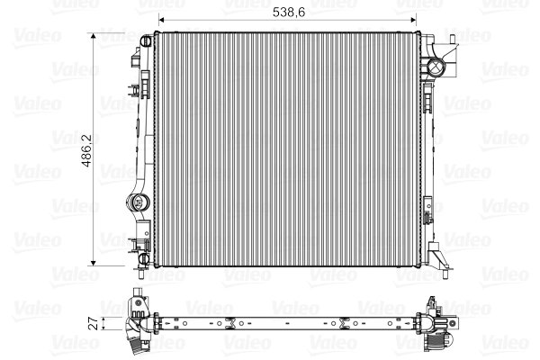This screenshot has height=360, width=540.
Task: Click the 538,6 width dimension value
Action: (x=289, y=13)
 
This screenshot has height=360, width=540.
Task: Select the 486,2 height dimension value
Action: (x=86, y=150)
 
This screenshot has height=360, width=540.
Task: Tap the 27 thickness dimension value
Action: (x=94, y=323)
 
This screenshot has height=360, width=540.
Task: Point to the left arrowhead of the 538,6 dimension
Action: (x=161, y=21)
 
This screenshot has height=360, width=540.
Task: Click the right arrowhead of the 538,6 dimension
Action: (x=413, y=21)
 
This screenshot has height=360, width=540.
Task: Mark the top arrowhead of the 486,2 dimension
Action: (x=94, y=36)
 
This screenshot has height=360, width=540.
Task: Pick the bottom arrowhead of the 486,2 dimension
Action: (x=94, y=263)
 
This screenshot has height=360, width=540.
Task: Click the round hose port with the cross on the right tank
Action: (x=436, y=66)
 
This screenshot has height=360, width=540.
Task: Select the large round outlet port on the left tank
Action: (x=138, y=202)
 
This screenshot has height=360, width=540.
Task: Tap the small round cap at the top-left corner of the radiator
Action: (x=146, y=41)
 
